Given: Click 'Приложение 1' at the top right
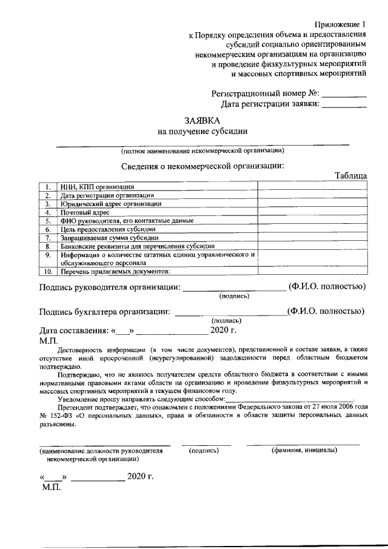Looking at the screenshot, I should coord(340,24).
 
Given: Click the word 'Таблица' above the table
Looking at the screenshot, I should coord(350,175).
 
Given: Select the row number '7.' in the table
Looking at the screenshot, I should coord(47,238).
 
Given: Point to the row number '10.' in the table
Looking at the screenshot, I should coord(47,271).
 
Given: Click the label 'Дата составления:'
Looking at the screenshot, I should coord(72,331).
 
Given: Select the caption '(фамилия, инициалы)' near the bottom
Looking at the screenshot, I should coord(304,451).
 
